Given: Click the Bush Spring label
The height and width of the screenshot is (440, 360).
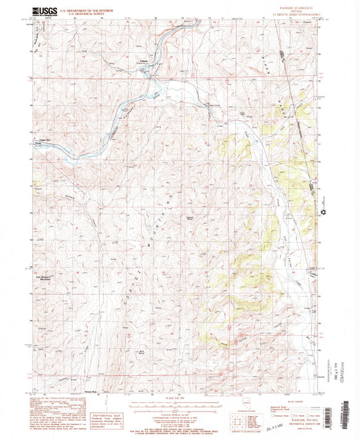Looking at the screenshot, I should point(142,351).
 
